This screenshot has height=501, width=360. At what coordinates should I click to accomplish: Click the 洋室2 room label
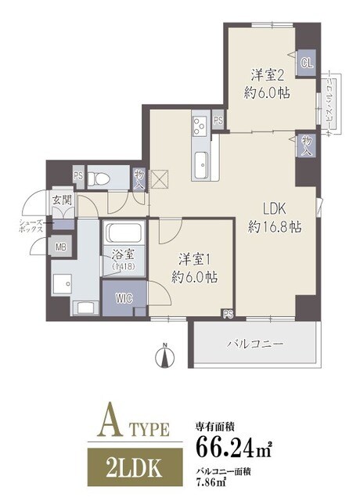point(265,74)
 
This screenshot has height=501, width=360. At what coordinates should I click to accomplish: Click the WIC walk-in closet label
point(123,297)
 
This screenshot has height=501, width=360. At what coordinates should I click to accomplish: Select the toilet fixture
point(96,177)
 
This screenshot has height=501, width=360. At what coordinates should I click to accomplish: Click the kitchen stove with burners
point(199,125)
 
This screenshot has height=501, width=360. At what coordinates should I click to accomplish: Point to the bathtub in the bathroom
point(121,232)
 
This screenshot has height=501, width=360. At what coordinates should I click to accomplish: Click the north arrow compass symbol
point(164,357)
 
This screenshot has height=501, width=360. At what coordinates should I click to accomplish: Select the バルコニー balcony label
point(254,343)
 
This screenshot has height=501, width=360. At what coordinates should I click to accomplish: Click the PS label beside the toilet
point(78,175)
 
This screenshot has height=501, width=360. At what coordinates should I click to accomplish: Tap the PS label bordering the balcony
point(228,315)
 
